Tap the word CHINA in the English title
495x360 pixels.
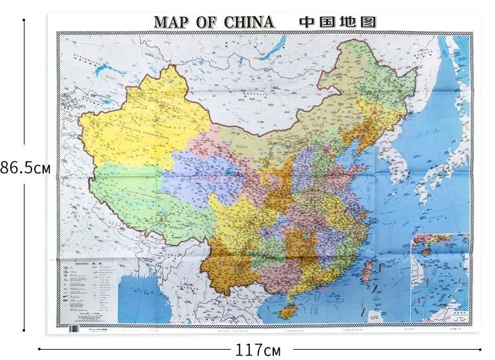[249, 21]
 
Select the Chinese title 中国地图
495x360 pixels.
[337, 21]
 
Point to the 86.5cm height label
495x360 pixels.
[25, 168]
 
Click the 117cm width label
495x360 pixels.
[258, 350]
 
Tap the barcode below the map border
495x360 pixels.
[73, 327]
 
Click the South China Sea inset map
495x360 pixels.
[440, 276]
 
